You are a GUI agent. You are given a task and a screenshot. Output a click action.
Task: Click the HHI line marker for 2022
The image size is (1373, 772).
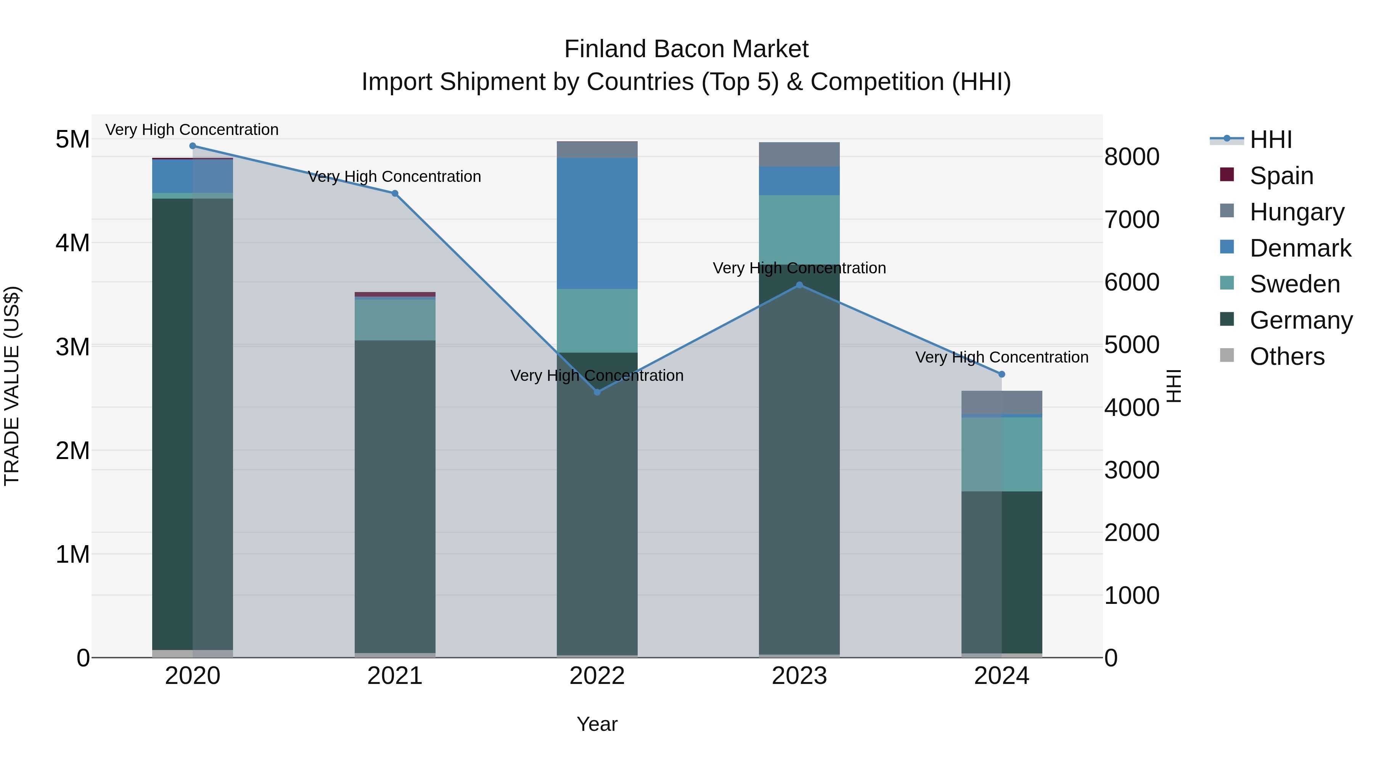coord(597,392)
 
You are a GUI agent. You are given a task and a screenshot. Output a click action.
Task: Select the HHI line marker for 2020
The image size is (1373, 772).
coord(193,146)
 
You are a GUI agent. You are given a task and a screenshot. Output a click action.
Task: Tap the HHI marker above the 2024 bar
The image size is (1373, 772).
coord(1002,374)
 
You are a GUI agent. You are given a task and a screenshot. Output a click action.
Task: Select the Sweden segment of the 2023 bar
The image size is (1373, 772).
coord(799,229)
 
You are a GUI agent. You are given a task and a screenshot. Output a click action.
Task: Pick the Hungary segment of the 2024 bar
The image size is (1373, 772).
coord(1002,402)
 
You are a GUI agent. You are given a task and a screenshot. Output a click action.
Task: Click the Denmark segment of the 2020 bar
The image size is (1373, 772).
coord(193,176)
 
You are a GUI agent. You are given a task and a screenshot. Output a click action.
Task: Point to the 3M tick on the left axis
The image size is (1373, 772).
coord(72,347)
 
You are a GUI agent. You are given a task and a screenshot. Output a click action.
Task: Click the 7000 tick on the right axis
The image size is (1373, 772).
coord(1132,220)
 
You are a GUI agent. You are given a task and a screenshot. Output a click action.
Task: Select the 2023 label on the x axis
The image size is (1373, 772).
coord(799,676)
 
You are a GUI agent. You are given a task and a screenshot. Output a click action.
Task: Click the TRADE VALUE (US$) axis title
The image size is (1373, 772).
coord(12,386)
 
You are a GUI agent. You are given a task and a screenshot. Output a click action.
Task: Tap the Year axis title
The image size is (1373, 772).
coord(597,724)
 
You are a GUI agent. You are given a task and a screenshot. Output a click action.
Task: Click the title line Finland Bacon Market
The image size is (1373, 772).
coord(686,49)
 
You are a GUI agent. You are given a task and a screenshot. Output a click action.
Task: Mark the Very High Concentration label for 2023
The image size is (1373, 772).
coord(799,268)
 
